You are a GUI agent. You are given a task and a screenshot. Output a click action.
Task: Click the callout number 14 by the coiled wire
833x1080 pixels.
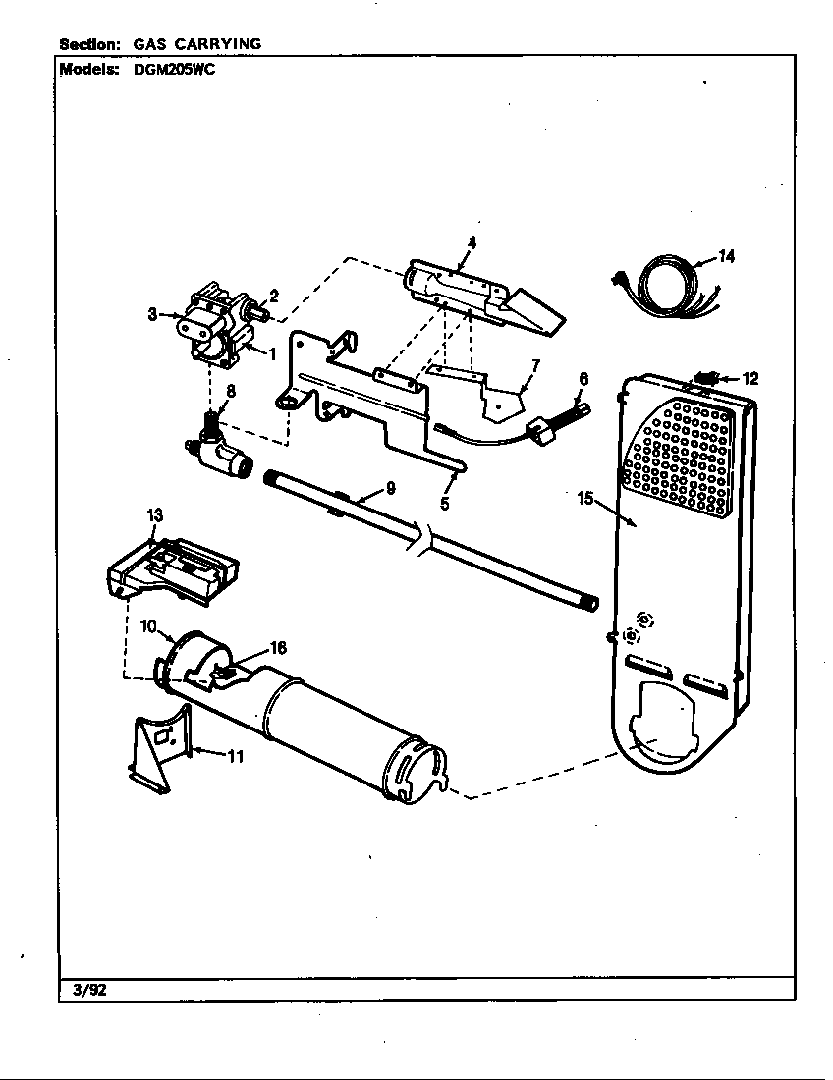point(726,257)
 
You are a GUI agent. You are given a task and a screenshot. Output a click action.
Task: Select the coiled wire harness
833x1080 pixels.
point(663,290)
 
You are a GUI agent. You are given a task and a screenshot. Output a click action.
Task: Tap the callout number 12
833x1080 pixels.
point(750,378)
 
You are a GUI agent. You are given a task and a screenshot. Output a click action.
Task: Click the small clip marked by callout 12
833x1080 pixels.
point(704,377)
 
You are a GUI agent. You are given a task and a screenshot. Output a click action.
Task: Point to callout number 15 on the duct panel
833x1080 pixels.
point(584,499)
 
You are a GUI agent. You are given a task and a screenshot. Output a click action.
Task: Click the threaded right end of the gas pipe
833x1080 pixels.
point(589,602)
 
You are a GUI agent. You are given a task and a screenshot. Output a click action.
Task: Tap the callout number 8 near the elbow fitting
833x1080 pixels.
point(230,390)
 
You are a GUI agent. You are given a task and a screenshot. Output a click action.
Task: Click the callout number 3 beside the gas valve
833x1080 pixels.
point(153,314)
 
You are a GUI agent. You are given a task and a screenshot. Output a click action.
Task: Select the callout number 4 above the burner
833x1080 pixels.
point(472,242)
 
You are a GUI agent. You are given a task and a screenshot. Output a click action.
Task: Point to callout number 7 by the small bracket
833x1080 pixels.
point(535,366)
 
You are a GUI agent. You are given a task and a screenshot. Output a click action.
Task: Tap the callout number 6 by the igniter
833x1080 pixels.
point(583,378)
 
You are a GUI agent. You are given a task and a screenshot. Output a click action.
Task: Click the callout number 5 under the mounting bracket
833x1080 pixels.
point(444,505)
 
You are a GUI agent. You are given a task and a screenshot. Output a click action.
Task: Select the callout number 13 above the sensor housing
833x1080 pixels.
point(155,515)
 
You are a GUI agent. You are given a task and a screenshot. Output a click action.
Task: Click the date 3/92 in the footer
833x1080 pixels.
point(89,990)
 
